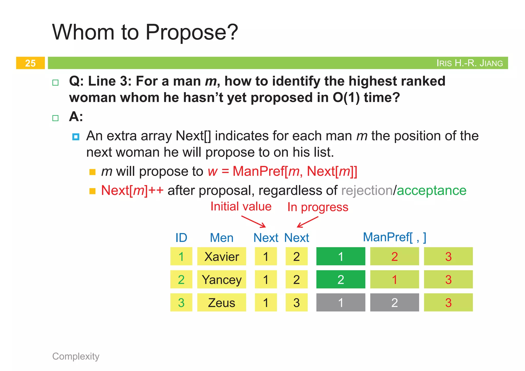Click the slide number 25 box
click(30, 63)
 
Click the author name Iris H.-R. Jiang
click(469, 63)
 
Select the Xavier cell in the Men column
click(221, 256)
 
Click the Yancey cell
click(221, 279)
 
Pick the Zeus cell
click(221, 303)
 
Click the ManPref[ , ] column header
click(394, 237)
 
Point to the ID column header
click(181, 238)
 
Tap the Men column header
click(221, 238)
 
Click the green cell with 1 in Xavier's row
click(340, 256)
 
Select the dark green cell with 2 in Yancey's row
click(340, 279)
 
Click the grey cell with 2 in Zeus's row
click(394, 303)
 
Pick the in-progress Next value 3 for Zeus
click(297, 303)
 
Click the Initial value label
click(241, 207)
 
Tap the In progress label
click(318, 207)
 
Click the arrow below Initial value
click(254, 222)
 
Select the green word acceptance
click(431, 190)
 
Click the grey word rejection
click(367, 190)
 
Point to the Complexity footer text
click(76, 356)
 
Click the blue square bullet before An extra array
click(76, 137)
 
